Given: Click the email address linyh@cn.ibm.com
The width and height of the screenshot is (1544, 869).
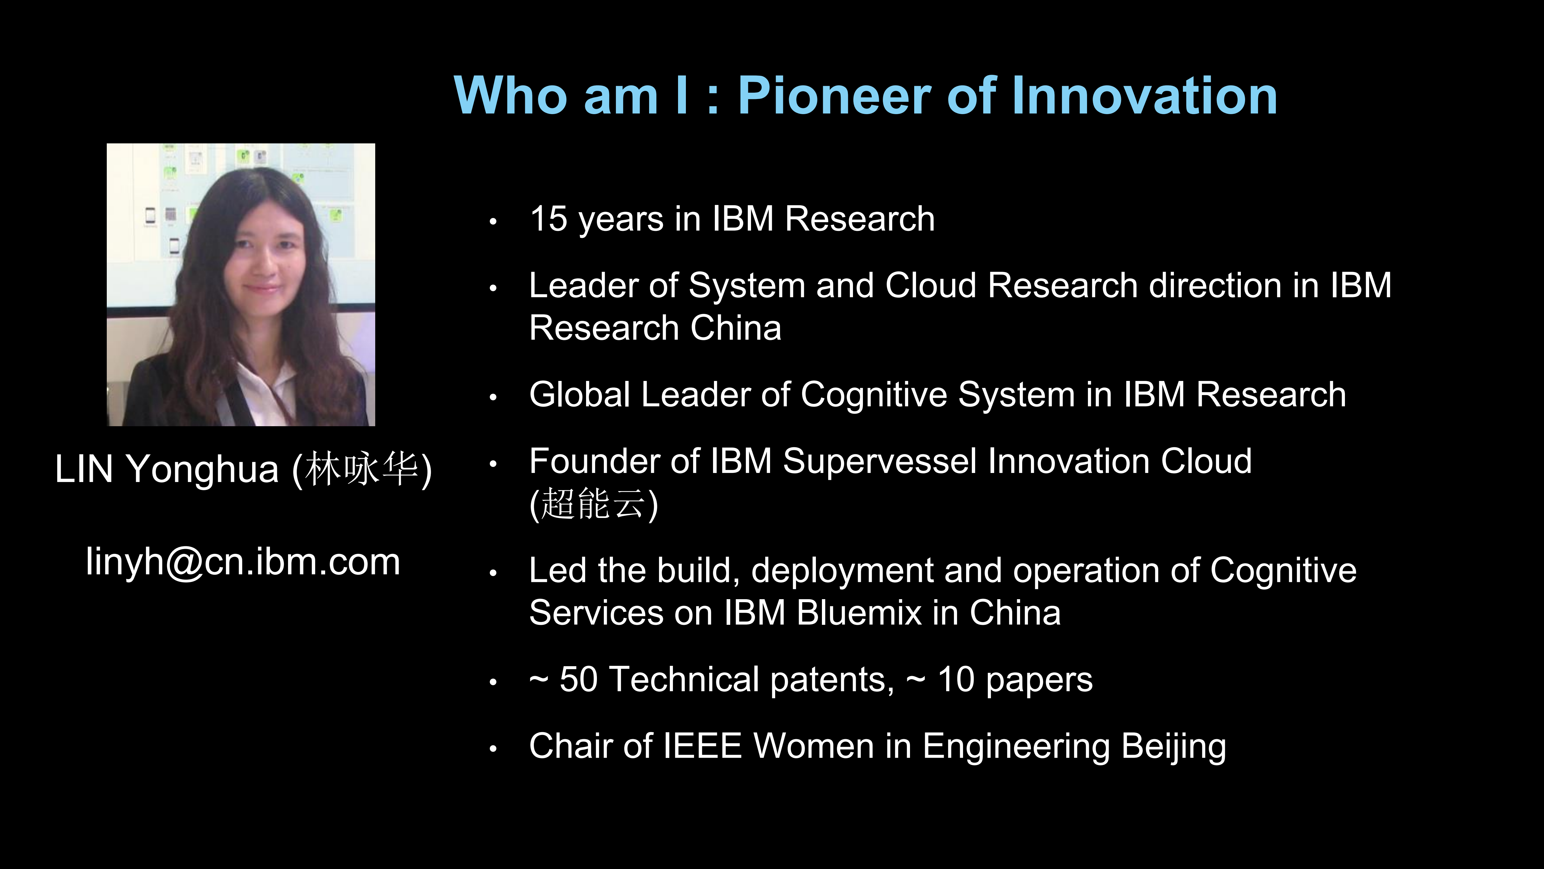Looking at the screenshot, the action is [243, 563].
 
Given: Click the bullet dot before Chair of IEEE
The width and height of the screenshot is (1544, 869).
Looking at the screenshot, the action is [493, 749].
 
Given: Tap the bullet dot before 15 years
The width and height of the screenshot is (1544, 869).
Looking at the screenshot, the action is [493, 221].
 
